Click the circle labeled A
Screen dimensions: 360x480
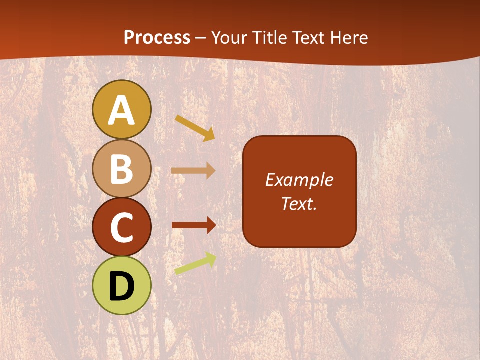121,109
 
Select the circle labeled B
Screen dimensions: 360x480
121,168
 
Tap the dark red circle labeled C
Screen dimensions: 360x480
121,227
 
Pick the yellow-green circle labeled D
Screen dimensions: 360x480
121,285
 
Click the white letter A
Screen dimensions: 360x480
121,110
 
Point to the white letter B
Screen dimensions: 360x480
121,169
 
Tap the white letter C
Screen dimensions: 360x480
121,228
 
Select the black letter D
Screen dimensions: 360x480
121,286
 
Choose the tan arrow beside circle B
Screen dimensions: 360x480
193,170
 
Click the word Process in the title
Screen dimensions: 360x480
157,37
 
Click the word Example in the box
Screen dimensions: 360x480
299,180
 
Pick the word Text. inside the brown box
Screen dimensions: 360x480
299,203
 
